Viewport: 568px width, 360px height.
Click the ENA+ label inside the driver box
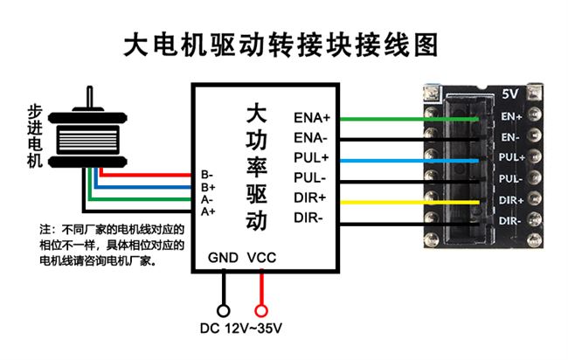(311, 117)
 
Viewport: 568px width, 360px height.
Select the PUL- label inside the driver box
(310, 179)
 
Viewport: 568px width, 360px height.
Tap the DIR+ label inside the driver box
(310, 200)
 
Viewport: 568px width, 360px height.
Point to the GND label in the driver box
(223, 258)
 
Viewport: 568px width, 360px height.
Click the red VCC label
(262, 258)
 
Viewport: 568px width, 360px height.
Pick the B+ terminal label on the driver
(208, 186)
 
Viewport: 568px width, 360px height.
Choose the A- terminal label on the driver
(208, 198)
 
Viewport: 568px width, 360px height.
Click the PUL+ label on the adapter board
(511, 157)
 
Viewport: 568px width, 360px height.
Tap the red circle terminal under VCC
(260, 310)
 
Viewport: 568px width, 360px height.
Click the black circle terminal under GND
(224, 310)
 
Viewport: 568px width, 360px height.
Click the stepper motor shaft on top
(88, 97)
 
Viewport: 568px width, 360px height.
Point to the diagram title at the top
(280, 45)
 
